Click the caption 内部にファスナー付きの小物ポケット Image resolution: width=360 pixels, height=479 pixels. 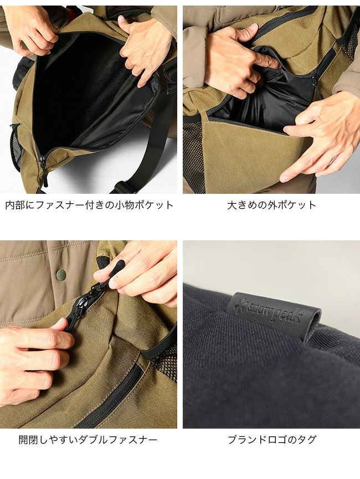[x=89, y=205]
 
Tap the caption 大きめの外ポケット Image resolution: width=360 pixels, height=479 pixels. [x=271, y=205]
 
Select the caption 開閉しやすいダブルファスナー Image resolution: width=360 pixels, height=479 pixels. [x=88, y=440]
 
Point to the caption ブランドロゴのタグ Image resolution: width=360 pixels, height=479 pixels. [x=272, y=440]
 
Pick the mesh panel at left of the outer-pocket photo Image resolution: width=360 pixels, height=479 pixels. [x=192, y=153]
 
